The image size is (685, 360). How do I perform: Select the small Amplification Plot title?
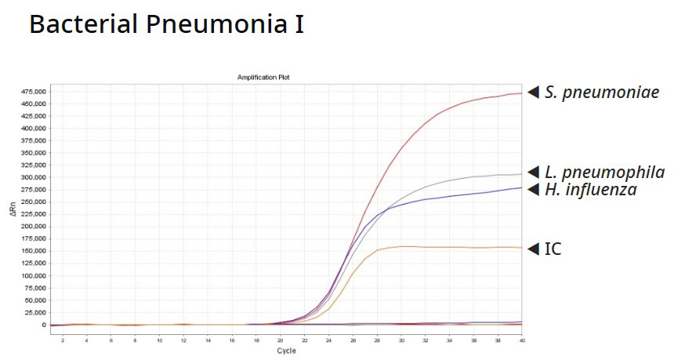click(264, 77)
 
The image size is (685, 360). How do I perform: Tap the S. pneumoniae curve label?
click(602, 93)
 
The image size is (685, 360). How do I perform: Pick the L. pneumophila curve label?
click(605, 173)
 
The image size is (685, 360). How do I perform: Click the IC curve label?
click(553, 249)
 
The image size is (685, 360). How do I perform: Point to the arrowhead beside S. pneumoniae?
click(533, 93)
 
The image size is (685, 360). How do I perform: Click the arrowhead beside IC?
click(533, 249)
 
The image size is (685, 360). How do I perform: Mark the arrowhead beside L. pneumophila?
click(533, 173)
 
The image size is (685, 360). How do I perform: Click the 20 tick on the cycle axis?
click(280, 340)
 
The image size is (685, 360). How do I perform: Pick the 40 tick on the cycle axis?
click(521, 340)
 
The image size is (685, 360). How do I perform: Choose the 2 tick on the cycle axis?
click(63, 340)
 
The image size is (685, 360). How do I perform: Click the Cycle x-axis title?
click(286, 351)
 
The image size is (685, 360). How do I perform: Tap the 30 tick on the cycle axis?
click(400, 340)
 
